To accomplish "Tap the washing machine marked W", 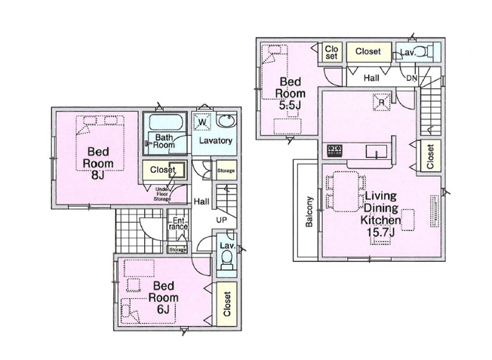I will (202, 122).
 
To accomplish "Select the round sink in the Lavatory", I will (226, 122).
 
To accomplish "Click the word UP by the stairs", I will (223, 220).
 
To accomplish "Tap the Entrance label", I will (177, 223).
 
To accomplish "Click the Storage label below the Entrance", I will (177, 249).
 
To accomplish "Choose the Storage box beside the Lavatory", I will (226, 171).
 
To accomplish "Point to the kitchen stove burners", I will (334, 149).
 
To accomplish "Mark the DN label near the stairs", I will (411, 78).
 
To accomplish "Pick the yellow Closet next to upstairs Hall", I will (367, 51).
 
